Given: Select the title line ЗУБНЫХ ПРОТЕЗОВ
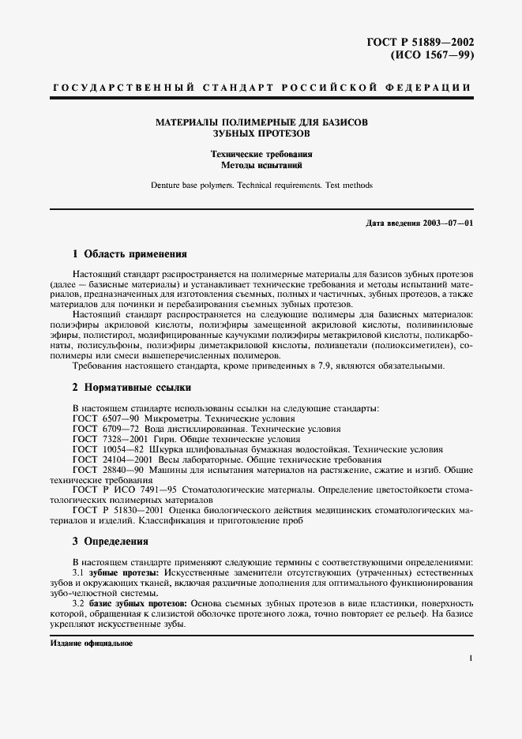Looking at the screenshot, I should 261,135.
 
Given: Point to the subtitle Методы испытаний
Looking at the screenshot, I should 261,166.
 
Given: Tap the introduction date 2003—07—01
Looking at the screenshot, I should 449,223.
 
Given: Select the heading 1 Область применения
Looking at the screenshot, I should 130,254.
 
